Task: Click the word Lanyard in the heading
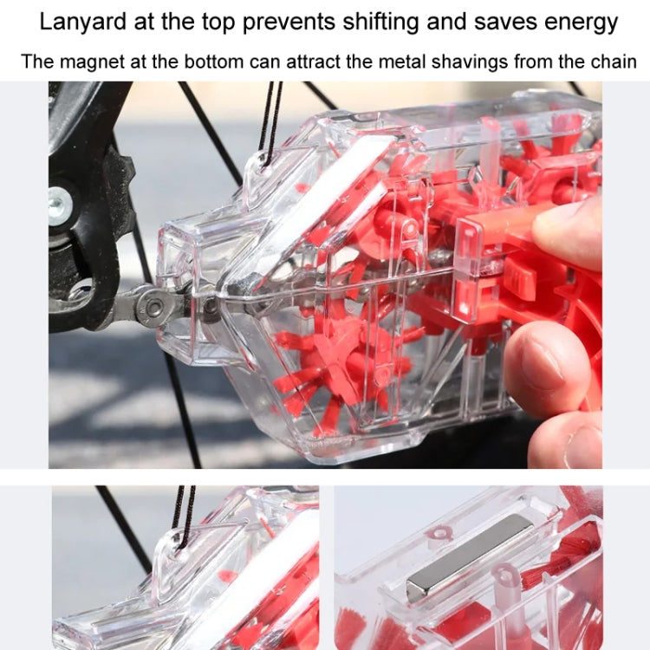79,22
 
